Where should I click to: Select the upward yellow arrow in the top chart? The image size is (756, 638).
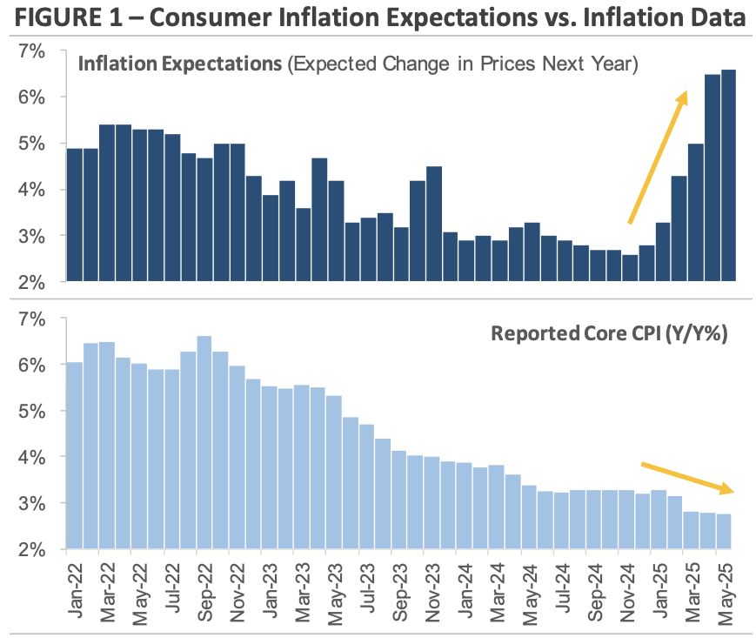[658, 157]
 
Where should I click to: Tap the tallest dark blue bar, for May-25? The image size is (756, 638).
[728, 175]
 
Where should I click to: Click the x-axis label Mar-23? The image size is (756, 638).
[303, 592]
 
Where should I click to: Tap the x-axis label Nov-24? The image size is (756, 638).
[630, 592]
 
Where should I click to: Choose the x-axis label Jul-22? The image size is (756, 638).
[172, 592]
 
